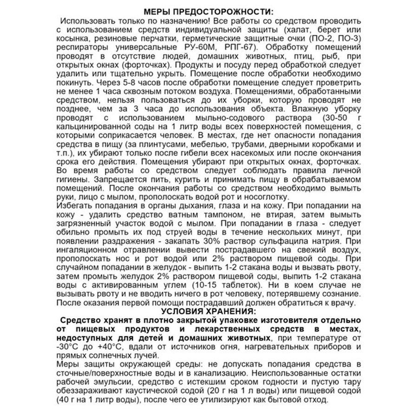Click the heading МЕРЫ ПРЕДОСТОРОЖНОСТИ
[x=209, y=12]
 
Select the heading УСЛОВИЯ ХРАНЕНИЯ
[x=209, y=312]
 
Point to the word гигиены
[x=71, y=180]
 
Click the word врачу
[x=343, y=303]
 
